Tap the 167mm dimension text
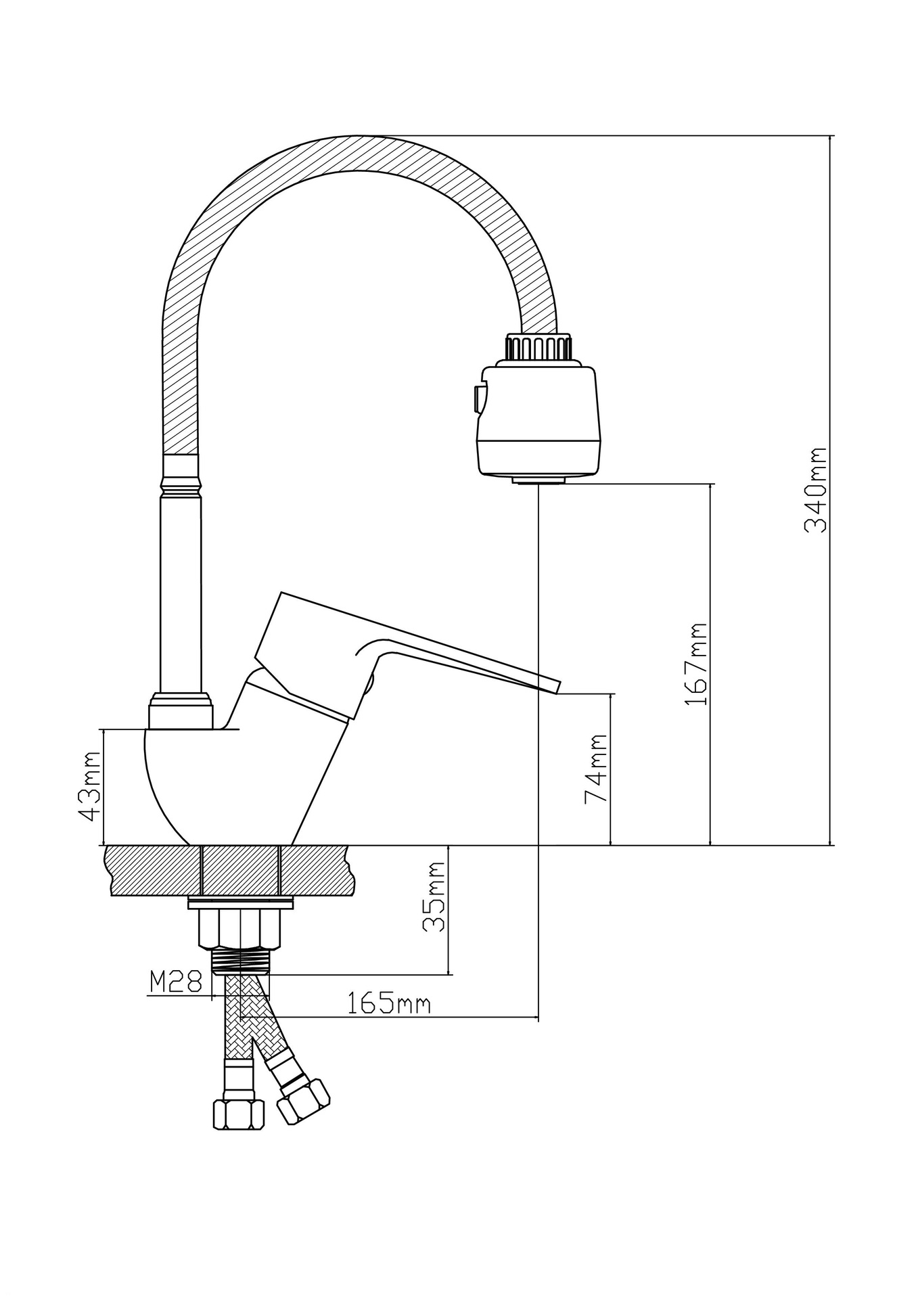tap(696, 664)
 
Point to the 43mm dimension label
tap(91, 785)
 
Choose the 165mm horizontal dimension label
tap(388, 1003)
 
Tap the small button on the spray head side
tap(480, 399)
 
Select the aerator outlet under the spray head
tap(539, 480)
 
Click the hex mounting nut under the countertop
tap(239, 928)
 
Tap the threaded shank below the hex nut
tap(240, 960)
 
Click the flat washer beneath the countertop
tap(240, 903)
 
